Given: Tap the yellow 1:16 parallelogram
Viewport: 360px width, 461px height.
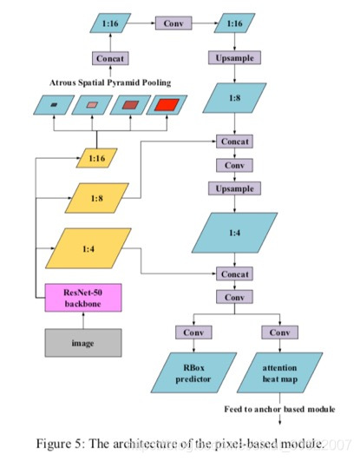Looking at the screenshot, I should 95,158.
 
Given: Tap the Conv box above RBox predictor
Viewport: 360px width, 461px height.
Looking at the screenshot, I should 193,333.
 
